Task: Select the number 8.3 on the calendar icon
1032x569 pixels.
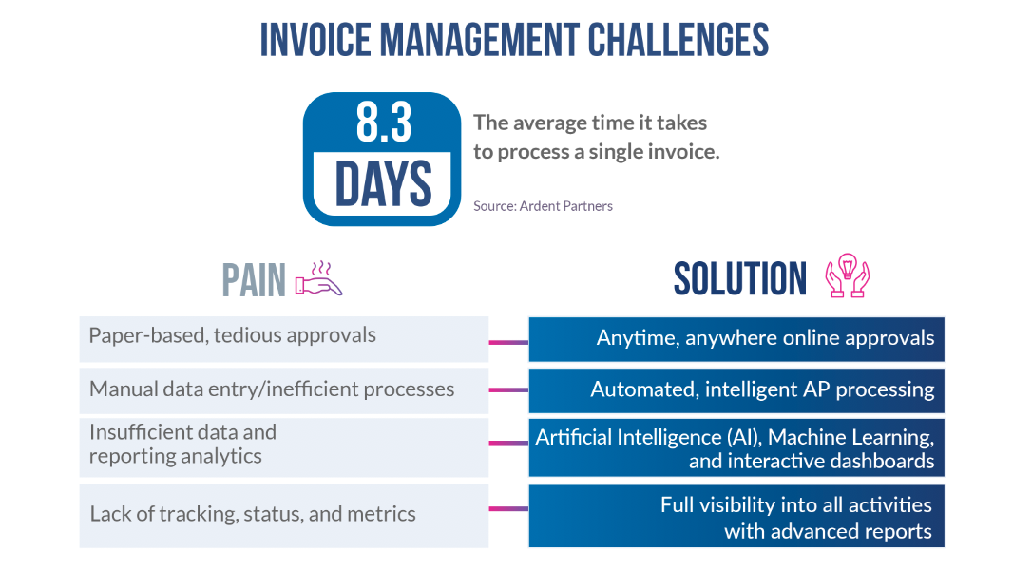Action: [382, 123]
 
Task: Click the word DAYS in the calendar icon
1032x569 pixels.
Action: [382, 183]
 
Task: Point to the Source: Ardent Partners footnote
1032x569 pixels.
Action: [543, 206]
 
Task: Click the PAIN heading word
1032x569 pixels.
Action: [254, 280]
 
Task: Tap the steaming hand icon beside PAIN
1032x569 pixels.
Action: [318, 278]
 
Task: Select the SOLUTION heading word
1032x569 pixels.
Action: [739, 278]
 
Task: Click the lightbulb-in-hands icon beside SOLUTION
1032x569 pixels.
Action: [848, 276]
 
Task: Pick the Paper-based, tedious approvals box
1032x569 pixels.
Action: [283, 338]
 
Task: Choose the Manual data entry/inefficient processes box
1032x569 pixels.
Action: [283, 389]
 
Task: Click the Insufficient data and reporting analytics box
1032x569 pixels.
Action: [283, 445]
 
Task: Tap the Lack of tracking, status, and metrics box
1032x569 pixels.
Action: [283, 515]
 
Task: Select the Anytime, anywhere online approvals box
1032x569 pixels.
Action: [736, 339]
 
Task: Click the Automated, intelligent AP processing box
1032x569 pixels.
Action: [736, 389]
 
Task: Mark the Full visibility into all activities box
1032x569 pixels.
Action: [736, 518]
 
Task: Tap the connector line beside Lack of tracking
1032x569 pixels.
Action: [508, 509]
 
